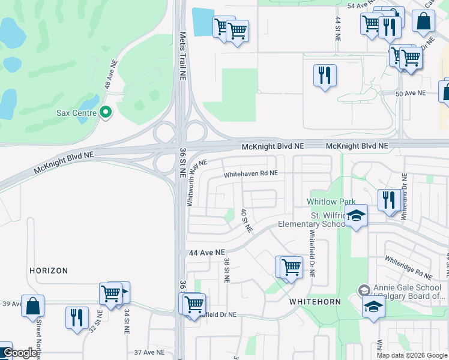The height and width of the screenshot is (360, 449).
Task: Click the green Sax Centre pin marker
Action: (106, 112)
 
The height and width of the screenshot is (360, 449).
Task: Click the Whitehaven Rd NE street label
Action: (251, 174)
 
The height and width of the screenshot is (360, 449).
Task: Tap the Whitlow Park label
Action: (331, 202)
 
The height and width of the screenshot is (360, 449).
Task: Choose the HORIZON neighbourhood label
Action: (49, 271)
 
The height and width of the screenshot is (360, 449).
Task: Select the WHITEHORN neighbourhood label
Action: (315, 301)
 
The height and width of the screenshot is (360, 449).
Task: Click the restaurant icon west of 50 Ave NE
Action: (324, 76)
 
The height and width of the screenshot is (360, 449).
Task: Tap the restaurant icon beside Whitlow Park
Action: (390, 200)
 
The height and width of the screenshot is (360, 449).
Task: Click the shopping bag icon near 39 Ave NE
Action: (32, 305)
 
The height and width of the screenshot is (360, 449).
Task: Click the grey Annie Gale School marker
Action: (363, 290)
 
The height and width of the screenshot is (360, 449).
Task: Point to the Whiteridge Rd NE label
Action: (409, 268)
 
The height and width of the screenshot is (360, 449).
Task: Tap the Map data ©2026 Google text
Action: (412, 355)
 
